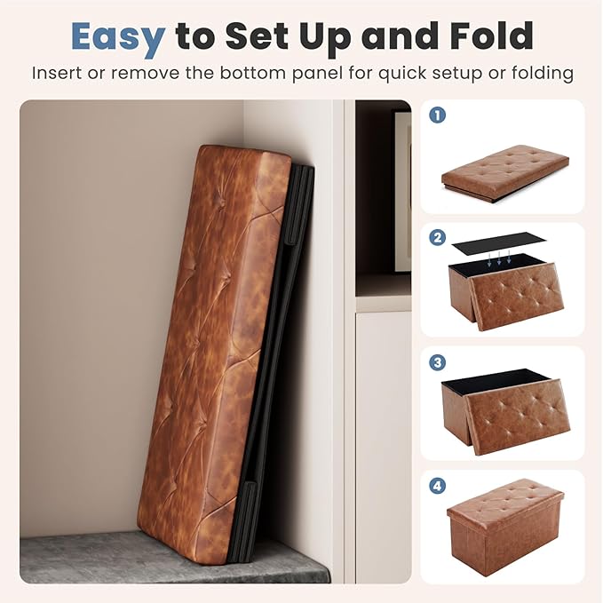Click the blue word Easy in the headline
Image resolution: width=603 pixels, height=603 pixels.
pyautogui.click(x=118, y=37)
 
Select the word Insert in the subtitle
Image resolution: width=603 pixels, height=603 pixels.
pyautogui.click(x=56, y=72)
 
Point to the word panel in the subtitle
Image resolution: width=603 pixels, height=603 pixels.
pyautogui.click(x=316, y=73)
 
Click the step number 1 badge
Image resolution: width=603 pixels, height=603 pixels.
pyautogui.click(x=437, y=115)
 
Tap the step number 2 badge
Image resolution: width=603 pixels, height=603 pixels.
pyautogui.click(x=437, y=238)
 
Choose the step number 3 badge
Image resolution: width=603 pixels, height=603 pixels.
pyautogui.click(x=437, y=362)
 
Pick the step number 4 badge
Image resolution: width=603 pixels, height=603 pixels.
pyautogui.click(x=437, y=486)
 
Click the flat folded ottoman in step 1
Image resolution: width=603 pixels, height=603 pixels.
pyautogui.click(x=505, y=174)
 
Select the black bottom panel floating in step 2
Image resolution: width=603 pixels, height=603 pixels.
pyautogui.click(x=499, y=242)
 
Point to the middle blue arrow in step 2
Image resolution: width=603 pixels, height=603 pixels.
pyautogui.click(x=499, y=258)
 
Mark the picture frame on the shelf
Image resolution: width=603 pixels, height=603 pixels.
pyautogui.click(x=401, y=191)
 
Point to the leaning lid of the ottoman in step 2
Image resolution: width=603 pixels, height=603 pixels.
pyautogui.click(x=517, y=297)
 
